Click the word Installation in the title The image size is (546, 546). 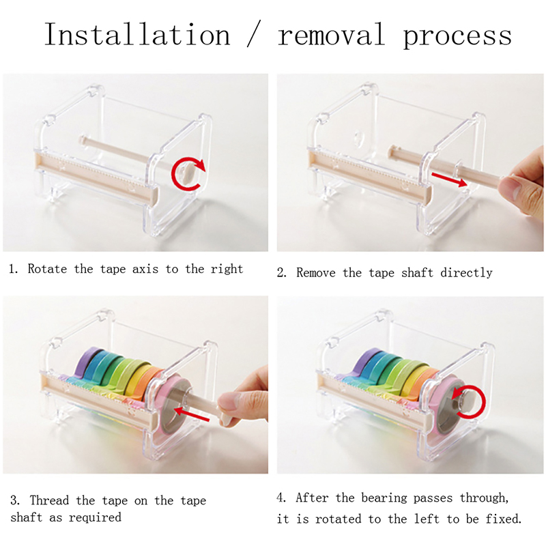pos(137,35)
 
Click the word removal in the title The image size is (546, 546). pos(331,35)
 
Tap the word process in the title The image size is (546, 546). pos(457,37)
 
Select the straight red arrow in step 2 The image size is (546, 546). pos(449,179)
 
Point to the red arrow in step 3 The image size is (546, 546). pos(192,414)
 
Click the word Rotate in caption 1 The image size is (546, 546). pos(47,269)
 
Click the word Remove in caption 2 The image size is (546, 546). pos(316,272)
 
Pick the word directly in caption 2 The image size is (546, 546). pos(466,273)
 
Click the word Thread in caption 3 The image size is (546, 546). pos(49,500)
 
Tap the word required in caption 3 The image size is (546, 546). pos(95,518)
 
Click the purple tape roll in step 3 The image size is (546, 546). pos(87,362)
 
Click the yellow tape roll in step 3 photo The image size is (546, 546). pos(135,379)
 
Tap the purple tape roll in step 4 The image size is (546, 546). pos(367,362)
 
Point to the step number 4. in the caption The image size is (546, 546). pos(282,498)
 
